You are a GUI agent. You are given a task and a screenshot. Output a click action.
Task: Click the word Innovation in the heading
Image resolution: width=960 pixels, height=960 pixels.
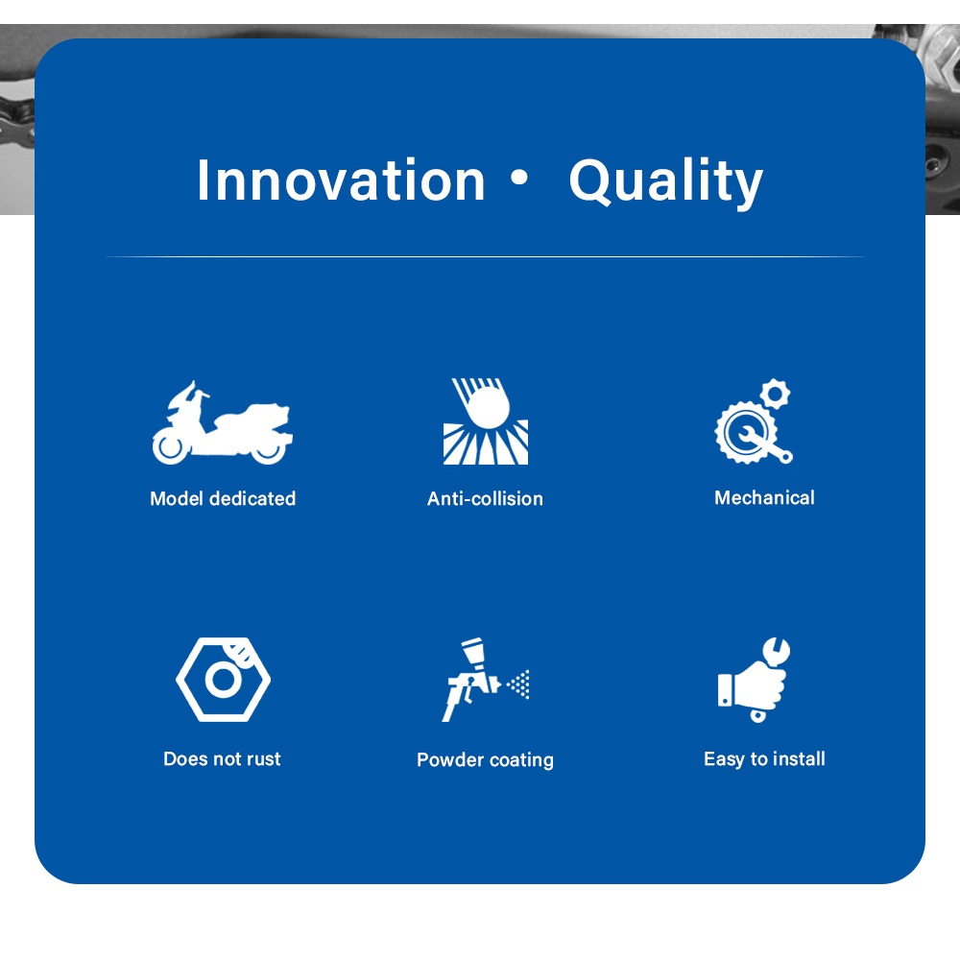(x=341, y=180)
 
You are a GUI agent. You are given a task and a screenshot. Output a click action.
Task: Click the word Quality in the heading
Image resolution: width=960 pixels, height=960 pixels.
(x=666, y=182)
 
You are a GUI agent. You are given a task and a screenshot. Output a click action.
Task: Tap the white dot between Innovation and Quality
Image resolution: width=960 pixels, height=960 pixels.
(x=519, y=178)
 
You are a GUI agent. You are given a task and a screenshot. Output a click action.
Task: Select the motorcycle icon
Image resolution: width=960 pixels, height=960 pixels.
(x=223, y=422)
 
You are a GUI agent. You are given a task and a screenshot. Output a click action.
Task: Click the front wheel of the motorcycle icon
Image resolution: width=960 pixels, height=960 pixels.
(x=170, y=445)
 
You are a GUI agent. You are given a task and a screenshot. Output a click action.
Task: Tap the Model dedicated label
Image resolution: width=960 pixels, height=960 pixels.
(x=223, y=498)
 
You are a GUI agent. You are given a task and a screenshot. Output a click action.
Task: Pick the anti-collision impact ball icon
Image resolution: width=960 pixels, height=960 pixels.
(x=486, y=421)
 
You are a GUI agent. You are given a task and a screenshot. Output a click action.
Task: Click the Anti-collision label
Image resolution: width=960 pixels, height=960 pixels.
(x=485, y=498)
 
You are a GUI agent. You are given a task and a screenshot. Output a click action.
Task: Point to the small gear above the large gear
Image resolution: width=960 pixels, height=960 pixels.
(x=776, y=394)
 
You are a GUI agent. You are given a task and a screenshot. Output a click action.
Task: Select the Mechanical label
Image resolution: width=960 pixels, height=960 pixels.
(x=764, y=497)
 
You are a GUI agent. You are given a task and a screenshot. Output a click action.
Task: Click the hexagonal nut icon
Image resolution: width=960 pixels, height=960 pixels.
(x=223, y=680)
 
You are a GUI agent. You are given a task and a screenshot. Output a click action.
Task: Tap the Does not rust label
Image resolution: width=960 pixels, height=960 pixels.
(x=223, y=758)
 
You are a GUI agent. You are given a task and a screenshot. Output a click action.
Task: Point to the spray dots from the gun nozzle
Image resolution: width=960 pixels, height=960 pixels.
(x=519, y=684)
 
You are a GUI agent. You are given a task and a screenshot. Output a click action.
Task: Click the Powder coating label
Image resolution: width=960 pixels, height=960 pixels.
(x=486, y=759)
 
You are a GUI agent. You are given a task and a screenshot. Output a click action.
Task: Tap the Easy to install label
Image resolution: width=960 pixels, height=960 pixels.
(x=765, y=758)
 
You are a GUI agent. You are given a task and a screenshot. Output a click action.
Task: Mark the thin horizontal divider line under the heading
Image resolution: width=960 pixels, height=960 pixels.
(x=485, y=256)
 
